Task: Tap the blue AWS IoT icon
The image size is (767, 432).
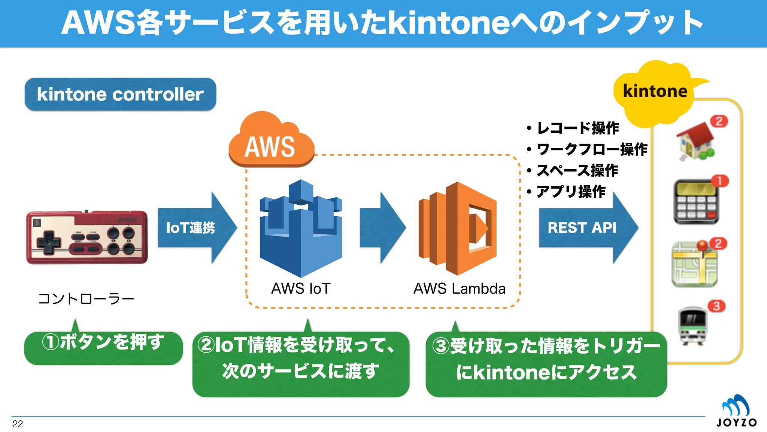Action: click(x=301, y=229)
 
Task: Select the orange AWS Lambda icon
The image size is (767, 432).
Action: click(x=458, y=229)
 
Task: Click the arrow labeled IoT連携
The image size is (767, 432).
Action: click(x=195, y=228)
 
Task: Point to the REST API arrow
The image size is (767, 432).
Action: click(x=586, y=228)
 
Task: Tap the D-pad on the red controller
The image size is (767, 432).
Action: click(x=48, y=242)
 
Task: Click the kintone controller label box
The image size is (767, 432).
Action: click(x=120, y=94)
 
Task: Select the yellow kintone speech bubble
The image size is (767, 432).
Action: click(x=655, y=92)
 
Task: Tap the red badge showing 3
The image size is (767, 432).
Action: click(x=716, y=306)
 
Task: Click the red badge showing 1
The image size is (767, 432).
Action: click(x=719, y=181)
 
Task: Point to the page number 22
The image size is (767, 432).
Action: click(x=18, y=424)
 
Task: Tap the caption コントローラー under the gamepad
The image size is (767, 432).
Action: click(x=86, y=299)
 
